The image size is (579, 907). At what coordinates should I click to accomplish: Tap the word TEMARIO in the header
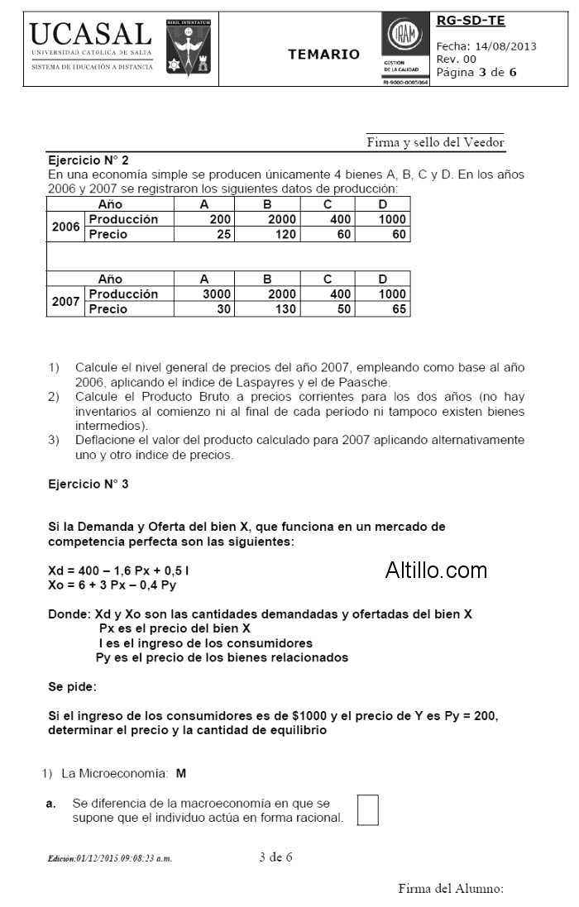(323, 55)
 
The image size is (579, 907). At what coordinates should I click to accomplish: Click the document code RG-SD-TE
(470, 21)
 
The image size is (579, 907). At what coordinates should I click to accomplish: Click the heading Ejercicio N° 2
(89, 160)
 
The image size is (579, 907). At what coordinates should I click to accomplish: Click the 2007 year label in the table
(65, 302)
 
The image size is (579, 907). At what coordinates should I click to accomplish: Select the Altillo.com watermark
(436, 570)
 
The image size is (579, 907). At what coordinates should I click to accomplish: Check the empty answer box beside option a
(367, 809)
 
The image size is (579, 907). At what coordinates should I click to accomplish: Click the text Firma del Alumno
(450, 889)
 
